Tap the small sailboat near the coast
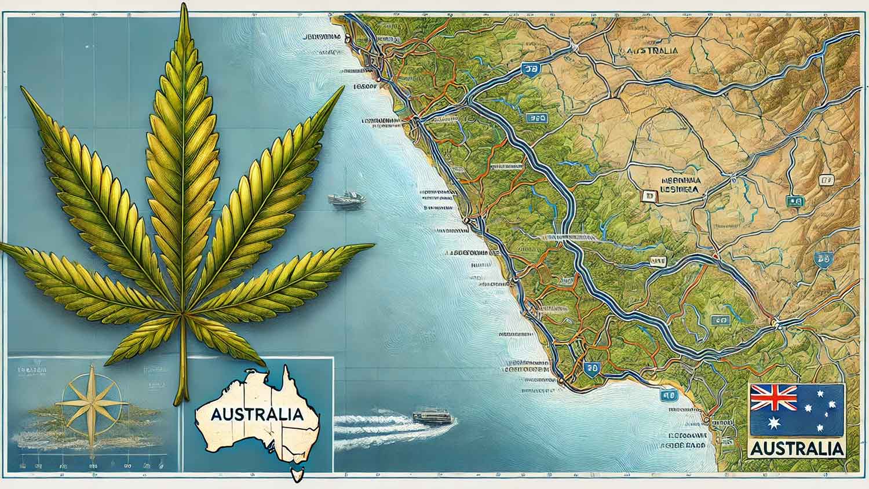point(346,199)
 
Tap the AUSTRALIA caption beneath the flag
point(797,448)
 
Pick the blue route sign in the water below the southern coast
point(668,396)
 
